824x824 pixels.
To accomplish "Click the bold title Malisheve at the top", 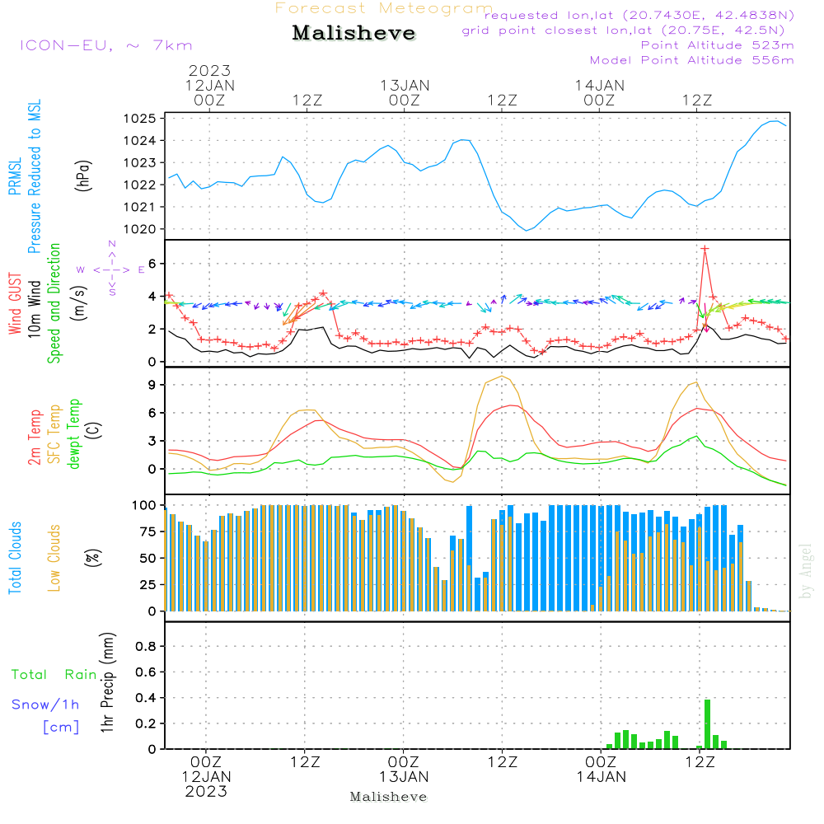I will (354, 34).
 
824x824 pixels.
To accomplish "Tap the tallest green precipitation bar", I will (707, 723).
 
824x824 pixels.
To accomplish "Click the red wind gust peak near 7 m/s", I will (705, 249).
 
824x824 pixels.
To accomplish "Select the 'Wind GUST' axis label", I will (16, 306).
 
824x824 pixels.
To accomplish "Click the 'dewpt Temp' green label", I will (74, 434).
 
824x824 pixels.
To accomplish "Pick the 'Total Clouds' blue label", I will (16, 558).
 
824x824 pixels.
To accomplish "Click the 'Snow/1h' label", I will (46, 705).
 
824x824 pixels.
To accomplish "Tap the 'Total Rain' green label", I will (54, 674).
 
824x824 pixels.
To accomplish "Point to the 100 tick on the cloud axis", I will (144, 504).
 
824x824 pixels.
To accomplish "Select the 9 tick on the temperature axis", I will (152, 385).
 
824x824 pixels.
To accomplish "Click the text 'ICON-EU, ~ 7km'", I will (105, 45).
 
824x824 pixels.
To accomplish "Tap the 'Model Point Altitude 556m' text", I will (692, 60).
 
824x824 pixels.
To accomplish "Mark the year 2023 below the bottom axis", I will (206, 791).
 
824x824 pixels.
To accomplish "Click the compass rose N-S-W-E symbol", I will (111, 269).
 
